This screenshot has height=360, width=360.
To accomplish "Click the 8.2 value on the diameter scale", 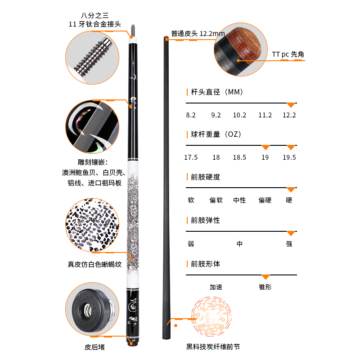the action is pyautogui.click(x=191, y=115).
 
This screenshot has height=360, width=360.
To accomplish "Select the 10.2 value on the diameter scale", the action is pyautogui.click(x=239, y=115).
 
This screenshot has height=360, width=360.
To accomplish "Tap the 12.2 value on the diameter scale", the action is pyautogui.click(x=289, y=115).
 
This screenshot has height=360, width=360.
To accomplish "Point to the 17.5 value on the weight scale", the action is pyautogui.click(x=191, y=157).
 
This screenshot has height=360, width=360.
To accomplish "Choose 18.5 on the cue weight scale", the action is pyautogui.click(x=239, y=157).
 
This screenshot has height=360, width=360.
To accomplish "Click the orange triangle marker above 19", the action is pyautogui.click(x=265, y=148).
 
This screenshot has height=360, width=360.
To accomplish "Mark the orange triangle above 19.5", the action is pyautogui.click(x=291, y=148).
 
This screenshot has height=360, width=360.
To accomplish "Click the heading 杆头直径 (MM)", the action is pyautogui.click(x=217, y=92).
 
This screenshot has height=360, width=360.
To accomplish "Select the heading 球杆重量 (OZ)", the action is pyautogui.click(x=216, y=134).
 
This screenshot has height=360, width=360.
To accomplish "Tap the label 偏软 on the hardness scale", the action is pyautogui.click(x=216, y=200).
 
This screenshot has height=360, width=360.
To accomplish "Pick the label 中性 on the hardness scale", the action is pyautogui.click(x=239, y=200).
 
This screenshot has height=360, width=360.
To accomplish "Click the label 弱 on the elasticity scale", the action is pyautogui.click(x=191, y=244).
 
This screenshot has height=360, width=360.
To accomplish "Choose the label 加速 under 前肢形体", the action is pyautogui.click(x=216, y=287).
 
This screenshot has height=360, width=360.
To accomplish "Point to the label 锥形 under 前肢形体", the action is pyautogui.click(x=265, y=287).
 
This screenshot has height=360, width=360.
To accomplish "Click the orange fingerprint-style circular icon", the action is pyautogui.click(x=211, y=317).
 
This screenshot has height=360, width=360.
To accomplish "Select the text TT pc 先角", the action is pyautogui.click(x=288, y=54).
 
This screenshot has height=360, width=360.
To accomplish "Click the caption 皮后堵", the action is pyautogui.click(x=94, y=347).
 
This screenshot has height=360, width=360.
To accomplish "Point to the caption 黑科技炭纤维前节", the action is pyautogui.click(x=213, y=346).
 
